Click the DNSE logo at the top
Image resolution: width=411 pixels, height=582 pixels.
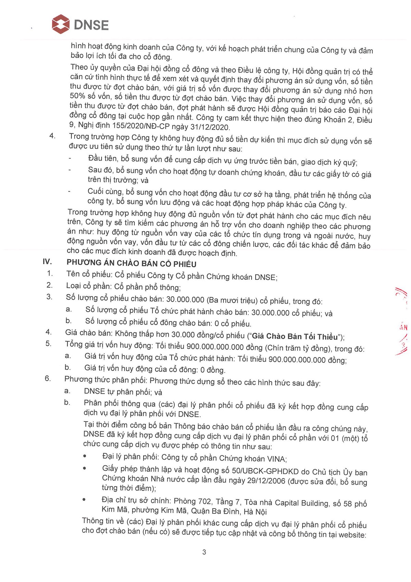tap(80, 25)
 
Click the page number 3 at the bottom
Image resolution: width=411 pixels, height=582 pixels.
tap(204, 552)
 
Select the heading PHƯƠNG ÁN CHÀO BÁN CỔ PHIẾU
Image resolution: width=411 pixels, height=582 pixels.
tap(132, 264)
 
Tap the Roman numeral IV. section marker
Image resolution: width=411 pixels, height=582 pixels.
tap(47, 262)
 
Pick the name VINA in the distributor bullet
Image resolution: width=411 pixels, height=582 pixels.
tap(276, 459)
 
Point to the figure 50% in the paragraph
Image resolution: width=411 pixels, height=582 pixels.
tap(77, 96)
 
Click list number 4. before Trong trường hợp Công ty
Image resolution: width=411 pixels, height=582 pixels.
tap(52, 136)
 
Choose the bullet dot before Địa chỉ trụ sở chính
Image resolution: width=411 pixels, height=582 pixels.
tap(84, 500)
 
